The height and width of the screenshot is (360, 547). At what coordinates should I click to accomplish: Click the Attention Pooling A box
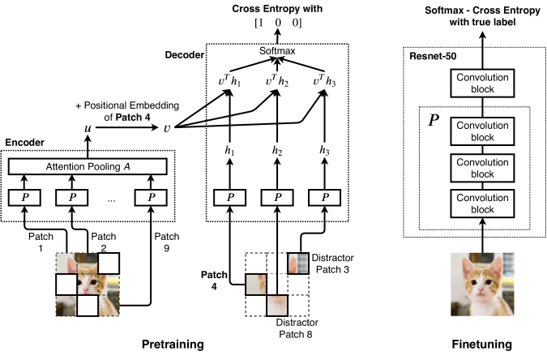(88, 166)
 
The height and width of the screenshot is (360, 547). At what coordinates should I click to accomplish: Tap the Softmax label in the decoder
(277, 51)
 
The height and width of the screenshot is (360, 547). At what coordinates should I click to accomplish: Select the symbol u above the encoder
(88, 128)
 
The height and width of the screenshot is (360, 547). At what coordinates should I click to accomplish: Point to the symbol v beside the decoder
(167, 128)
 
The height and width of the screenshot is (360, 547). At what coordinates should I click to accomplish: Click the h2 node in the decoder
(277, 151)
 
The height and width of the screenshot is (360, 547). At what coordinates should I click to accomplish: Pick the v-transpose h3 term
(324, 80)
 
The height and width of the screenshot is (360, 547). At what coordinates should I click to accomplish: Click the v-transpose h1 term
(229, 80)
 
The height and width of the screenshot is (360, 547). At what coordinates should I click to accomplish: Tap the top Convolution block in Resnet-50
(482, 83)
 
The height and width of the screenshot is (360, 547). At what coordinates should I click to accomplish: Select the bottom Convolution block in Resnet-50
(482, 204)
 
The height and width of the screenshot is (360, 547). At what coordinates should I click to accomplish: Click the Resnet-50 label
(433, 56)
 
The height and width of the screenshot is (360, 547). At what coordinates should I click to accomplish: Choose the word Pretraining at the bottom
(173, 345)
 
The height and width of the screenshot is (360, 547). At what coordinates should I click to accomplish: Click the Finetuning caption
(482, 345)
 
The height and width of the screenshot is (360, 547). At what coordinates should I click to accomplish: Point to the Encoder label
(25, 143)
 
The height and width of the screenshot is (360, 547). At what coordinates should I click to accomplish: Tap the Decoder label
(185, 55)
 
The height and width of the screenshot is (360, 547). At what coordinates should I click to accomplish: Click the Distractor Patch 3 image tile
(298, 264)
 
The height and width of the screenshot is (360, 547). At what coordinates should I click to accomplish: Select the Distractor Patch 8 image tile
(277, 306)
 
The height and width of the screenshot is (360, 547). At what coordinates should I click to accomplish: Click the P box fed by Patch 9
(151, 198)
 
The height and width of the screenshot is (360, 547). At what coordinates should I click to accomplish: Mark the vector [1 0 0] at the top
(278, 23)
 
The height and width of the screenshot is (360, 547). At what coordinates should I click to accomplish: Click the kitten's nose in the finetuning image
(481, 290)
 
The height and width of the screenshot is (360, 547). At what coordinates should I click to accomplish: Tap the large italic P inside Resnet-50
(434, 120)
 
